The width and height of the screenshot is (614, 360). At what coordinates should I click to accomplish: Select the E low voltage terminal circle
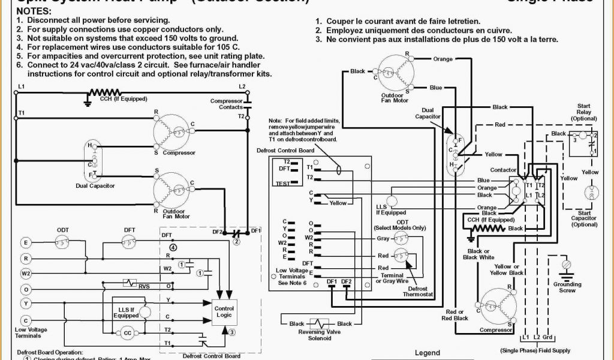pos(26,243)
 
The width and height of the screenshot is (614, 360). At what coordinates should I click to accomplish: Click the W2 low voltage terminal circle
pos(26,274)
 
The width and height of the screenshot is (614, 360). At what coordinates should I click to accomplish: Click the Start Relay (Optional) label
pos(583,112)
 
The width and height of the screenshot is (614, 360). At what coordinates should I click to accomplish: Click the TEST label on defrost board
pos(282,183)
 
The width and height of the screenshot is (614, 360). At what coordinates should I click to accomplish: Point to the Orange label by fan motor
pos(443,59)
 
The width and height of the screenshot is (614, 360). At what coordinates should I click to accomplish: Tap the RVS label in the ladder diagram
pos(144,286)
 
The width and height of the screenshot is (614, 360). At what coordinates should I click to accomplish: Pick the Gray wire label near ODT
pos(383,238)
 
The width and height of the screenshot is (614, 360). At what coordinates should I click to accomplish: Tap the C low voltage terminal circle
pos(26,320)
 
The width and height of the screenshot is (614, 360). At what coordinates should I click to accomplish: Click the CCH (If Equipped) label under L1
pos(115,99)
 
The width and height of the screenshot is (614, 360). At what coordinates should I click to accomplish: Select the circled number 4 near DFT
pos(173,247)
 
